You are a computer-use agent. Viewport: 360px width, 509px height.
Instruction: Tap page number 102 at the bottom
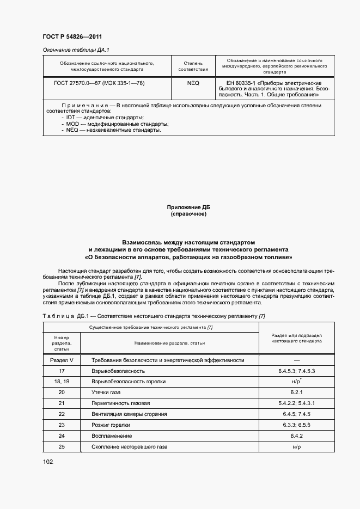coord(48,462)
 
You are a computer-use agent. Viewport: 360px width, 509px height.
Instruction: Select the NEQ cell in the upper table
coord(193,83)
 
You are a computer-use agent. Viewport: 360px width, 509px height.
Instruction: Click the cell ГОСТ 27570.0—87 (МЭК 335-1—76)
coord(91,83)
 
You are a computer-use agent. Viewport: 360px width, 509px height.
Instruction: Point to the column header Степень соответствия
coord(193,66)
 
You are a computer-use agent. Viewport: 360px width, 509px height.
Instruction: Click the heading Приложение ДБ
coord(188,207)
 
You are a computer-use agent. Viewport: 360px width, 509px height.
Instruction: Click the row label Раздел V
coord(61,360)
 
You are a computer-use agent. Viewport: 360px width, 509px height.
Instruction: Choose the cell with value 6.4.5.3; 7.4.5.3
coord(296,371)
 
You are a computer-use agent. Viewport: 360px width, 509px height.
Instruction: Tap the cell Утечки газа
coord(106,393)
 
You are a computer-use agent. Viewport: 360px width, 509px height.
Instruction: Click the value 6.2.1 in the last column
coord(296,393)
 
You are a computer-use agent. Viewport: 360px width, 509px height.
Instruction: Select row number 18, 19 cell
coord(61,382)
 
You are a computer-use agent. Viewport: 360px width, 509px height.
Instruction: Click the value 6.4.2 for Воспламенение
coord(296,436)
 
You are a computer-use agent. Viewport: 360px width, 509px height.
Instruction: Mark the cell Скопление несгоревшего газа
coord(130,446)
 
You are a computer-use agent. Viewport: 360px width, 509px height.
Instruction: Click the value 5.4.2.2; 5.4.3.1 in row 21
coord(296,403)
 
